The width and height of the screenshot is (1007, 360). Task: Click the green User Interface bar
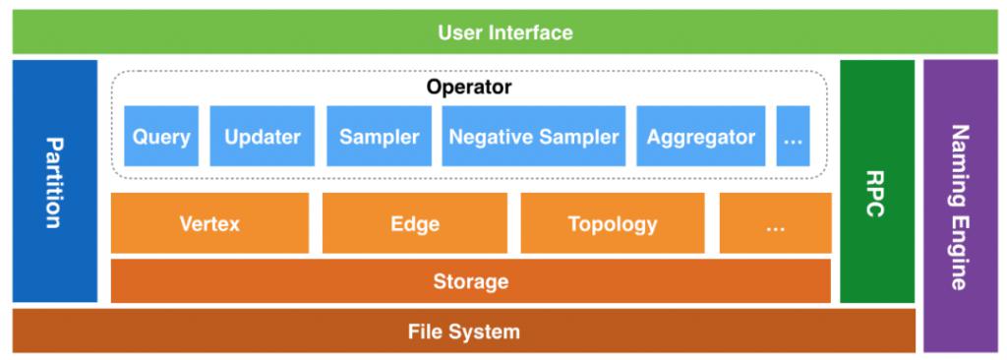tap(504, 32)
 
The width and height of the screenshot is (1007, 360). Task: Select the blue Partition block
tap(55, 181)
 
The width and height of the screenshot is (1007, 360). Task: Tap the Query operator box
tap(161, 137)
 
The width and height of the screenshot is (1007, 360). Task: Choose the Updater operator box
tap(262, 137)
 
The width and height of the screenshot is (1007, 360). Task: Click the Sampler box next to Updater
tap(379, 137)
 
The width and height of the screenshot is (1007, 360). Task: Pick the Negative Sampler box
tap(534, 137)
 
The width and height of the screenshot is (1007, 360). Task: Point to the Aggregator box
tap(700, 137)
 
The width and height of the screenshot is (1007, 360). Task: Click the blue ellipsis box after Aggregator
tap(793, 137)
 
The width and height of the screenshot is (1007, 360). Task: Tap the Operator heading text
tap(469, 87)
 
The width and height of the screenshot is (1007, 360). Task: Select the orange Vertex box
tap(209, 223)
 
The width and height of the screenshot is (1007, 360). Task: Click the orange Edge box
tap(414, 223)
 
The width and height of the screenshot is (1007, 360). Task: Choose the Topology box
tap(612, 223)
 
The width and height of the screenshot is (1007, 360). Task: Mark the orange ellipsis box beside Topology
tap(775, 223)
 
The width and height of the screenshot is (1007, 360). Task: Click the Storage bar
tap(470, 281)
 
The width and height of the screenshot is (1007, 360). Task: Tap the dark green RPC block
tap(876, 181)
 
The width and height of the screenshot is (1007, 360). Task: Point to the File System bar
tap(463, 331)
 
